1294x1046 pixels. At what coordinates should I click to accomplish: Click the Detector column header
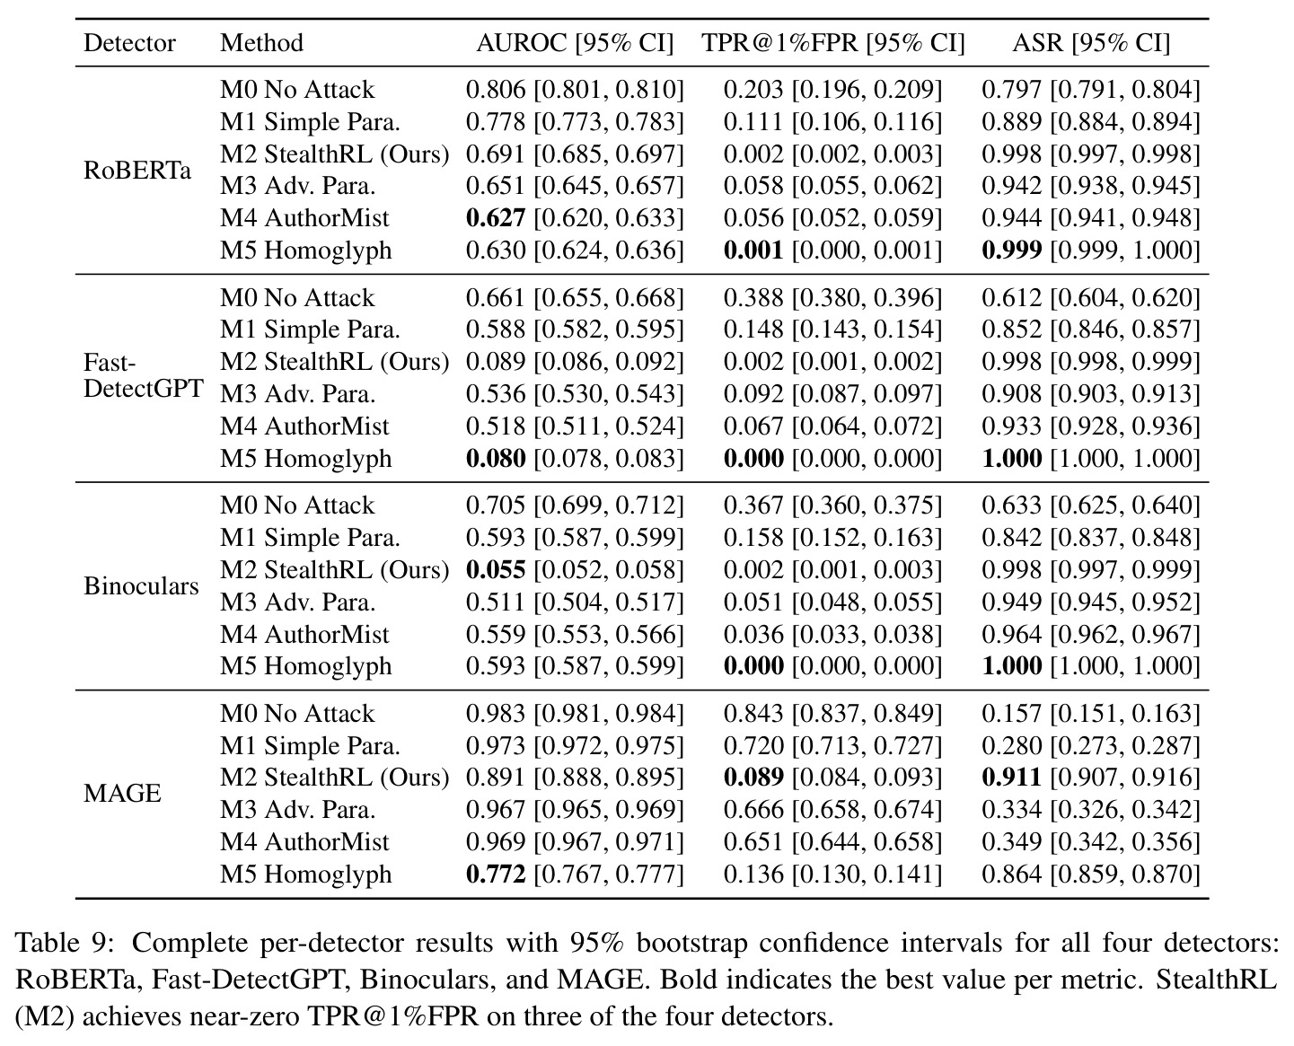point(129,42)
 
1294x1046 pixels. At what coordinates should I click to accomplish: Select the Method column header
point(262,42)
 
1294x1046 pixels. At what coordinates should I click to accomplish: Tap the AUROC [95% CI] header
point(575,42)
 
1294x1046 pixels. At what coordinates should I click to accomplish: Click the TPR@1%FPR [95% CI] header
point(833,42)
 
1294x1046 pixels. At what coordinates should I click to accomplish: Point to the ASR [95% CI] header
point(1091,42)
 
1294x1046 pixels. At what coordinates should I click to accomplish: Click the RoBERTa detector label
point(137,170)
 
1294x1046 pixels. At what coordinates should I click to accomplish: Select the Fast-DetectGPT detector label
point(144,375)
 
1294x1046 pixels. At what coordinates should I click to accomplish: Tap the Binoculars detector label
point(141,586)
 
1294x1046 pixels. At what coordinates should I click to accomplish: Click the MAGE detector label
point(122,794)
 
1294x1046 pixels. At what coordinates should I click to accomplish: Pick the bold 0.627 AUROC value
point(496,218)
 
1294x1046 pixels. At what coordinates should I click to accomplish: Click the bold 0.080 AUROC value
point(496,458)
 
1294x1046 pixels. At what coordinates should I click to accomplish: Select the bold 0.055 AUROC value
point(496,570)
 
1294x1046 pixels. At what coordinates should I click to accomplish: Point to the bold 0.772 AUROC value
point(496,875)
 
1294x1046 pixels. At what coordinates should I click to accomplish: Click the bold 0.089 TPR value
point(753,778)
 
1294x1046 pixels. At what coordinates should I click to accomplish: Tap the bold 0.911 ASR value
point(1011,778)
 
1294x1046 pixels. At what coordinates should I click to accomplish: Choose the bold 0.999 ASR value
point(1011,251)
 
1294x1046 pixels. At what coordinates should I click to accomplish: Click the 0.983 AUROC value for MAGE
point(496,714)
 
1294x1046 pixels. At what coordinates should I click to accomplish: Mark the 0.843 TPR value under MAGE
point(753,714)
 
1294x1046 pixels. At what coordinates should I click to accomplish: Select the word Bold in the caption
point(684,980)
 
